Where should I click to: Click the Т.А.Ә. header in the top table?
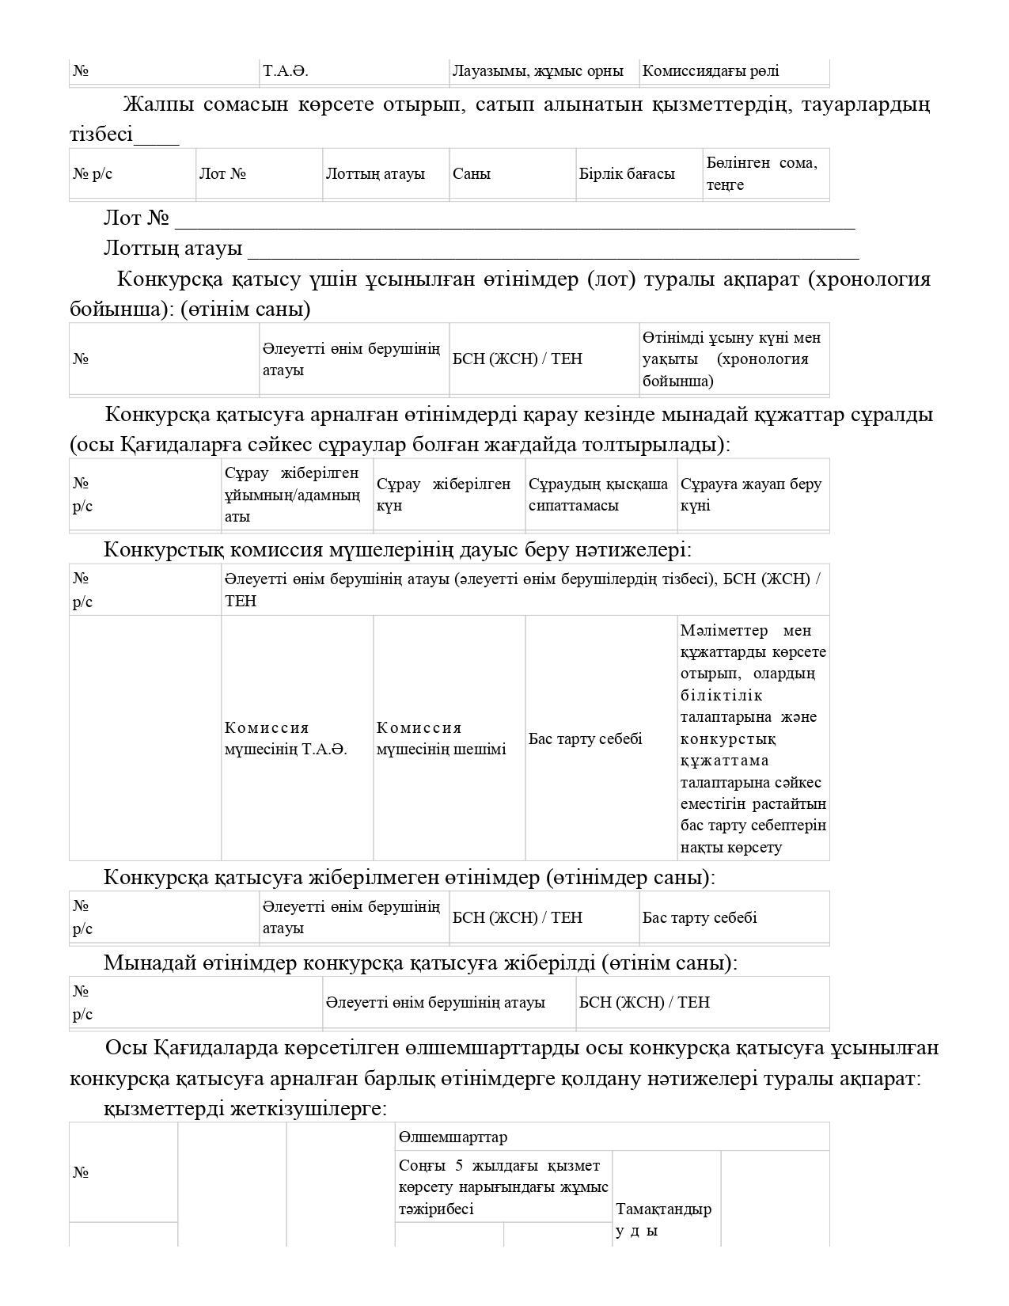285,71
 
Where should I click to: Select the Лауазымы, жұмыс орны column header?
537,71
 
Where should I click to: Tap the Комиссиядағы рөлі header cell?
710,71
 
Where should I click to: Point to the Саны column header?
472,174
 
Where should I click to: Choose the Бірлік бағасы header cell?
627,174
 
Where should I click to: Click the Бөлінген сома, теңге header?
761,173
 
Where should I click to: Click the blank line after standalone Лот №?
514,222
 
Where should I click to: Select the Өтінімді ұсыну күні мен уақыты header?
731,359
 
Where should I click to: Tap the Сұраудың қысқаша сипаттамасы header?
598,495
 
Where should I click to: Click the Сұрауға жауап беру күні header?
750,495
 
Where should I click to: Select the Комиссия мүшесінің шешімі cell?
441,738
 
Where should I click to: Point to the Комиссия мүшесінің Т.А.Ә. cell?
286,738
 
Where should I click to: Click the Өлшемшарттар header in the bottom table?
453,1137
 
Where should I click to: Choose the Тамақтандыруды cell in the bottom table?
663,1220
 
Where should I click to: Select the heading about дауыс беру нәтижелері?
397,549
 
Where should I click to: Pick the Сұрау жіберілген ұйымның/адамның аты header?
292,495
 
